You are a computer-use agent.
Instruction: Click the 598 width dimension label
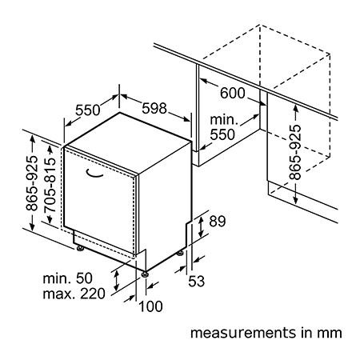(x=154, y=108)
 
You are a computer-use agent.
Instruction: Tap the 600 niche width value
(x=233, y=93)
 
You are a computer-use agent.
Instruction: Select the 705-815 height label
(x=50, y=185)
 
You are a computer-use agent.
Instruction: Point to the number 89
(x=218, y=221)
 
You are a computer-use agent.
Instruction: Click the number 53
(x=197, y=281)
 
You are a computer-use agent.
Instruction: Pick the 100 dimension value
(x=150, y=306)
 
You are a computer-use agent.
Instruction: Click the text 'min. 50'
(x=67, y=278)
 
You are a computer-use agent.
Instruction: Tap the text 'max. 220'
(x=74, y=294)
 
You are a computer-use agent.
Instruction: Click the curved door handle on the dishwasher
(x=94, y=174)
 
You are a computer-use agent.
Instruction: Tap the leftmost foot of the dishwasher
(x=80, y=248)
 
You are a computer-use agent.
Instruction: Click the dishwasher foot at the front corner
(x=144, y=274)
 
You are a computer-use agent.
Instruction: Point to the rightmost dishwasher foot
(x=180, y=253)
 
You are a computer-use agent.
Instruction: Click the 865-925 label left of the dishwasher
(x=32, y=183)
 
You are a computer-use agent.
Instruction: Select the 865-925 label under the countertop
(x=295, y=152)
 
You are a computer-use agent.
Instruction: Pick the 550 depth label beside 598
(x=88, y=110)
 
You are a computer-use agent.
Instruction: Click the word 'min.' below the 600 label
(x=224, y=120)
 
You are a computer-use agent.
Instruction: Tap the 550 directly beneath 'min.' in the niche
(x=222, y=134)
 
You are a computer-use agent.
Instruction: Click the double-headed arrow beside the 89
(x=201, y=226)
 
